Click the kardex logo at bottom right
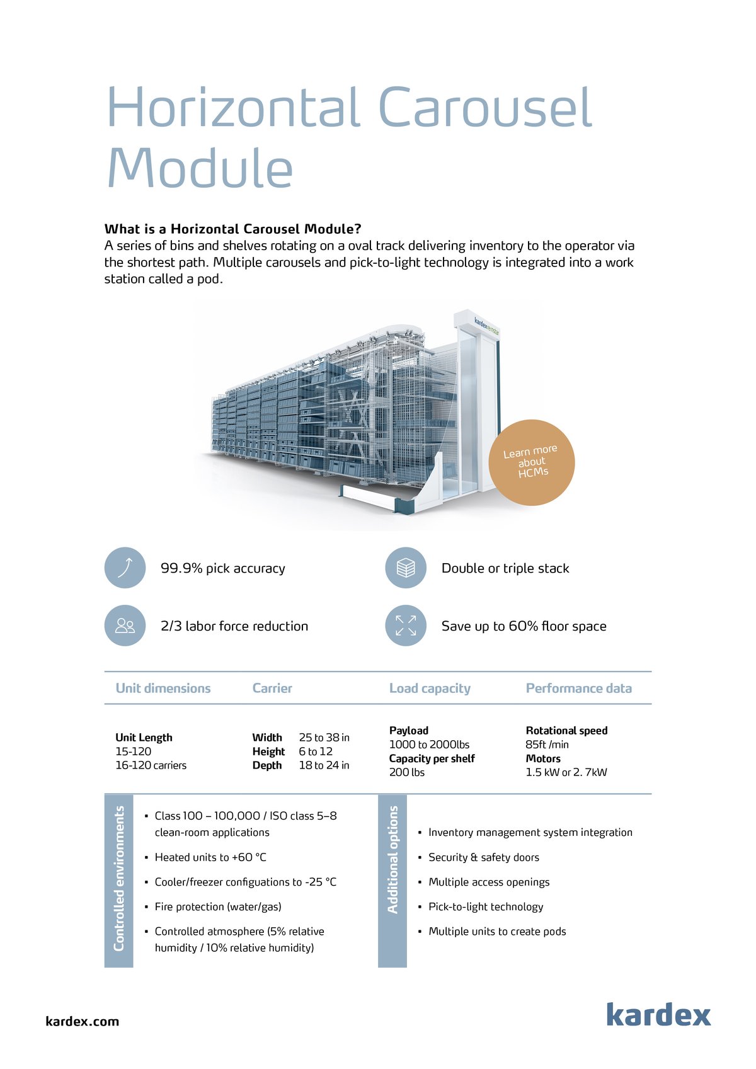pyautogui.click(x=658, y=1014)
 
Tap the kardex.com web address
pyautogui.click(x=82, y=1021)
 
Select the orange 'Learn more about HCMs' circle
pyautogui.click(x=531, y=462)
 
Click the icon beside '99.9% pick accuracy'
pyautogui.click(x=125, y=568)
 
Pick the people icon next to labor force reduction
pyautogui.click(x=125, y=626)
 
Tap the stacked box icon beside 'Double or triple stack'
pyautogui.click(x=406, y=568)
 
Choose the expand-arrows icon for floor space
pyautogui.click(x=406, y=626)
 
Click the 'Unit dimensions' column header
pyautogui.click(x=163, y=688)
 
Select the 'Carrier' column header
pyautogui.click(x=272, y=688)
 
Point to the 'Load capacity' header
pyautogui.click(x=430, y=688)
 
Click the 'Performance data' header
pyautogui.click(x=578, y=688)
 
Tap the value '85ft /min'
pyautogui.click(x=547, y=745)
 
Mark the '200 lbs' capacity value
pyautogui.click(x=407, y=772)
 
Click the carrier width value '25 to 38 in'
pyautogui.click(x=324, y=737)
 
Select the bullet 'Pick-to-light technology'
pyautogui.click(x=486, y=906)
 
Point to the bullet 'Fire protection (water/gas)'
pyautogui.click(x=218, y=906)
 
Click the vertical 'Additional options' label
pyautogui.click(x=392, y=859)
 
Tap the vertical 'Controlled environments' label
pyautogui.click(x=118, y=879)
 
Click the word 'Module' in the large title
pyautogui.click(x=200, y=168)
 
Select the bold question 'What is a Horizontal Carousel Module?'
pyautogui.click(x=232, y=229)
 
